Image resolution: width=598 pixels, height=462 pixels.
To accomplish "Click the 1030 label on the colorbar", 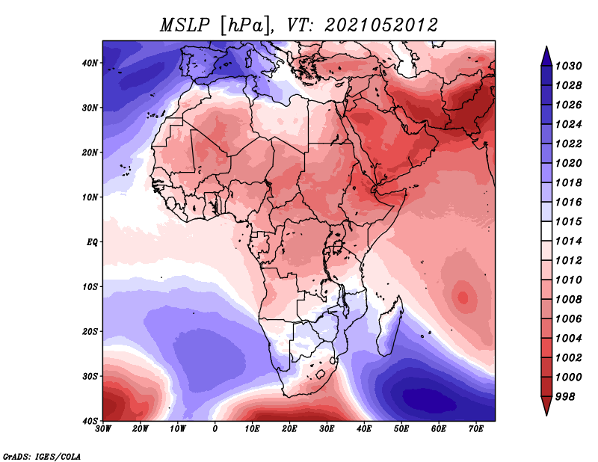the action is pyautogui.click(x=568, y=66).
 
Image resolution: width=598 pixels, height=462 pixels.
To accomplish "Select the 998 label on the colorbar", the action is pyautogui.click(x=565, y=397).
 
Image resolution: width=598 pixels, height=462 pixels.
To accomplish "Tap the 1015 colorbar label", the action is pyautogui.click(x=568, y=221).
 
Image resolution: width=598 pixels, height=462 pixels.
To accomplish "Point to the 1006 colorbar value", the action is pyautogui.click(x=568, y=319).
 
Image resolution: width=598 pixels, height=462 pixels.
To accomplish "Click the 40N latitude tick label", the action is pyautogui.click(x=90, y=63).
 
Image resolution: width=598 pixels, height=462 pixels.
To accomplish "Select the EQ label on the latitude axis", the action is pyautogui.click(x=92, y=242).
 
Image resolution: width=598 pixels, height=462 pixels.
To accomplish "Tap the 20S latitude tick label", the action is pyautogui.click(x=90, y=331).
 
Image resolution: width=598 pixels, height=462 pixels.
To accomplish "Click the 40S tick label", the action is pyautogui.click(x=90, y=421).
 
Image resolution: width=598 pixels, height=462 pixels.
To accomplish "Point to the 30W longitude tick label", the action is pyautogui.click(x=103, y=429).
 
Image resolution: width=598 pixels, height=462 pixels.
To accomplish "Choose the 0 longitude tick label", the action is pyautogui.click(x=215, y=429).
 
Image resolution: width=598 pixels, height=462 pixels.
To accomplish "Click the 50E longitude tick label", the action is pyautogui.click(x=401, y=429).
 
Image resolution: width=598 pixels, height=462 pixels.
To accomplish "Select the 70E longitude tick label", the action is pyautogui.click(x=475, y=429).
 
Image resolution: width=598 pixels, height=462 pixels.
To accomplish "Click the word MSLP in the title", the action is pyautogui.click(x=185, y=25).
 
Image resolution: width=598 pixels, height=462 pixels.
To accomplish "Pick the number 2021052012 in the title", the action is pyautogui.click(x=381, y=25).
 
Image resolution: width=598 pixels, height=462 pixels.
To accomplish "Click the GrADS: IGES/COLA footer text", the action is pyautogui.click(x=42, y=456).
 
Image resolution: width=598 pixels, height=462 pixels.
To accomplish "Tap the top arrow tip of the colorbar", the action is pyautogui.click(x=546, y=46).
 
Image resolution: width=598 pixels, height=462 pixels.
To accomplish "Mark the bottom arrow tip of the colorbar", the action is pyautogui.click(x=546, y=415).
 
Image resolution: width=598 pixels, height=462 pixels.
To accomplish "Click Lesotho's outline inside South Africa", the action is pyautogui.click(x=321, y=374).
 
